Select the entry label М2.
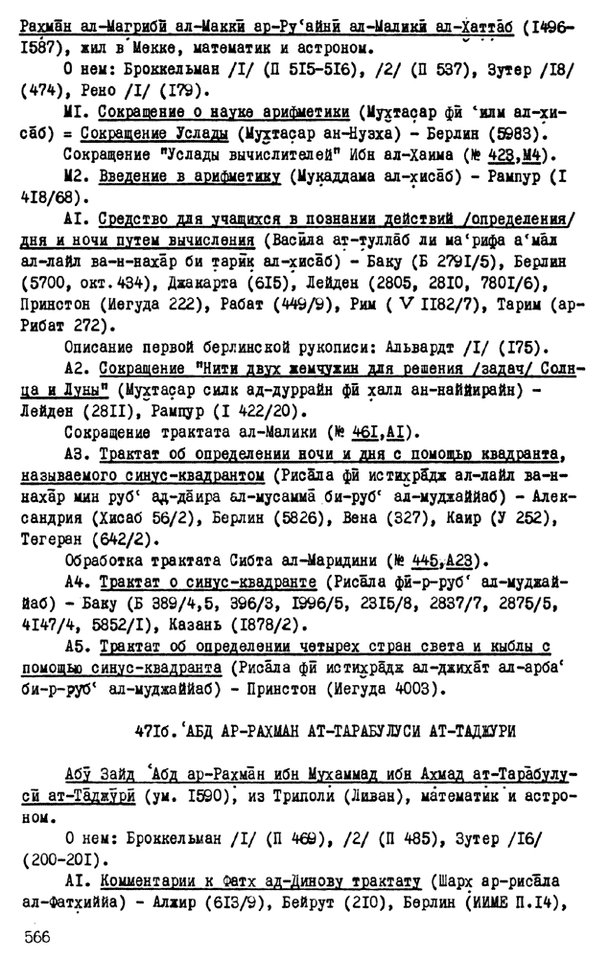pyautogui.click(x=79, y=177)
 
